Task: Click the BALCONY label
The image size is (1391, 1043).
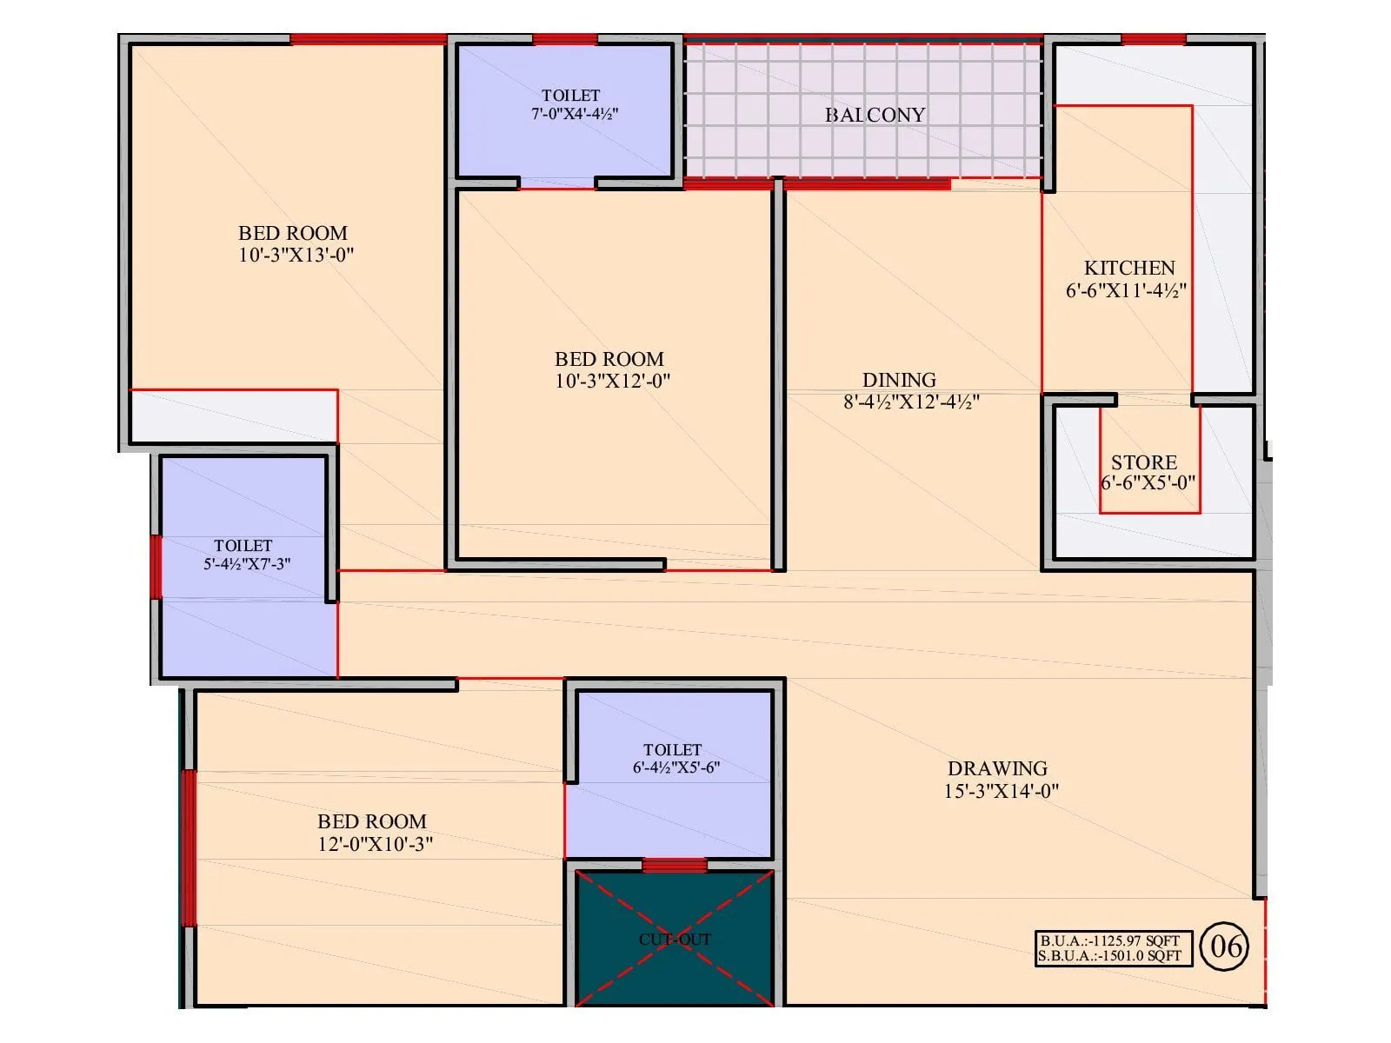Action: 875,115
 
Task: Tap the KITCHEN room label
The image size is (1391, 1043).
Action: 1128,268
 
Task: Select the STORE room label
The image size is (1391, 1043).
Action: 1143,462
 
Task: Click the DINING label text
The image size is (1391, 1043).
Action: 899,380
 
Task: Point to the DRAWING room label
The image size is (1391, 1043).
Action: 997,768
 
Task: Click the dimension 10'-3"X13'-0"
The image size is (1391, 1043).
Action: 296,256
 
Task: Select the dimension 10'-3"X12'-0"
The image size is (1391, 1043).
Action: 612,381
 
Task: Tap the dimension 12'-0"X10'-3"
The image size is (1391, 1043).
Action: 375,844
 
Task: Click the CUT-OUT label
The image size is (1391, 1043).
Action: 675,940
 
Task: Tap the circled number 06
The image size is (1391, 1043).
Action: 1225,946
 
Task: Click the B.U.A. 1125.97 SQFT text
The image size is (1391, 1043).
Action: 1110,940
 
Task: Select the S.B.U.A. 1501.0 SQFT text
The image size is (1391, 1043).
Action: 1110,956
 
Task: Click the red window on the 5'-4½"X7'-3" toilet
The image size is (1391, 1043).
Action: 156,567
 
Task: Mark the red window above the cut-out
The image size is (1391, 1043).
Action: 674,865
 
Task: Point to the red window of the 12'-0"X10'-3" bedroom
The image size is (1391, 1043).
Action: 189,847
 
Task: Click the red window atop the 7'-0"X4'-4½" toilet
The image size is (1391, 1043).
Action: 564,39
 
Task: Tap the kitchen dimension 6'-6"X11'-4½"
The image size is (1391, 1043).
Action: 1126,290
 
